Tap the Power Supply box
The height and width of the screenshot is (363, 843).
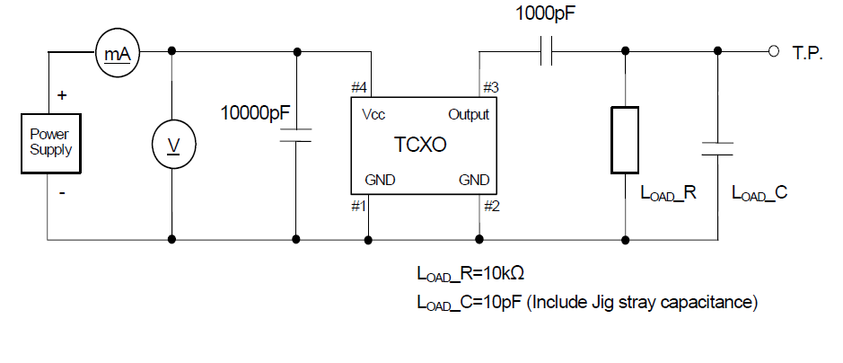coord(51,144)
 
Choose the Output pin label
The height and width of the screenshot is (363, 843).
coord(469,114)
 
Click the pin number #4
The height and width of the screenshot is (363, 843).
coord(359,87)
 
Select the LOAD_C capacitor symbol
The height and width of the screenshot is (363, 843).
coord(716,147)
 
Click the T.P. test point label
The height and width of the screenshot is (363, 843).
coord(807,54)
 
